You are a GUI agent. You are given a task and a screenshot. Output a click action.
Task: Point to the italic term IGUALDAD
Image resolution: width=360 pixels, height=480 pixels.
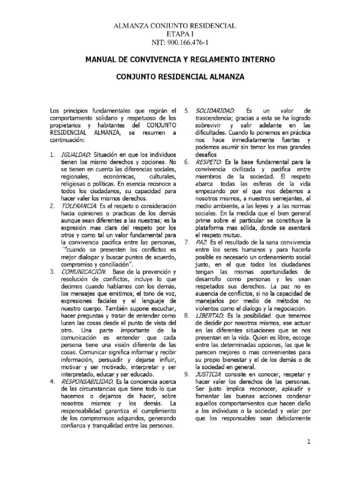click(76, 155)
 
